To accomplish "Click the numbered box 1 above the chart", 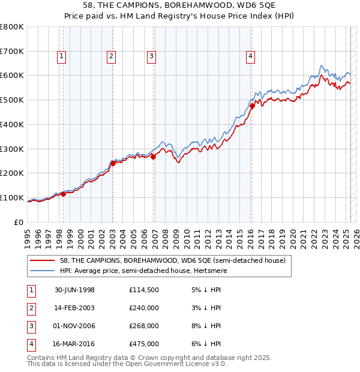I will pyautogui.click(x=62, y=57).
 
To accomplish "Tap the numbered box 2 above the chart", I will pyautogui.click(x=112, y=57).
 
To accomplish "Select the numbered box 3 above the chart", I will pyautogui.click(x=151, y=57).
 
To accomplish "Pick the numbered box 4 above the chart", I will pyautogui.click(x=250, y=57).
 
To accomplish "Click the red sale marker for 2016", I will pyautogui.click(x=252, y=106).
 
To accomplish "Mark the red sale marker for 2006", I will pyautogui.click(x=153, y=157).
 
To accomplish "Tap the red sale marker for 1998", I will pyautogui.click(x=64, y=194).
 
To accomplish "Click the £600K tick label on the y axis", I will pyautogui.click(x=12, y=76).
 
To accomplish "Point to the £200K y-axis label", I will pyautogui.click(x=12, y=173).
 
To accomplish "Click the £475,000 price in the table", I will pyautogui.click(x=143, y=344).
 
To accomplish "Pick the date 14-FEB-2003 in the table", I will pyautogui.click(x=76, y=308).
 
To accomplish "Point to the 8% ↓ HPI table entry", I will pyautogui.click(x=207, y=326).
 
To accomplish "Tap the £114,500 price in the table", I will pyautogui.click(x=143, y=290).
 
